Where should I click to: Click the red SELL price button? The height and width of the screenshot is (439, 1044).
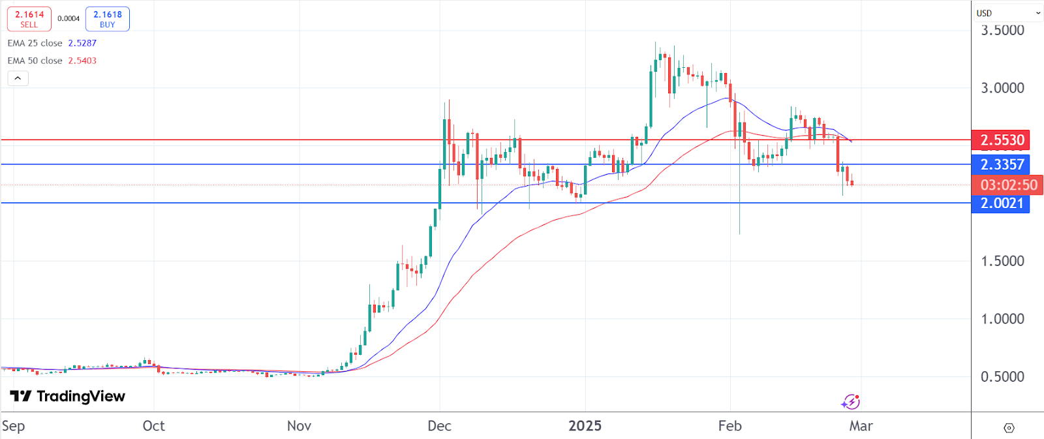pyautogui.click(x=29, y=19)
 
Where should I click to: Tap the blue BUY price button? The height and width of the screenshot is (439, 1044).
pyautogui.click(x=108, y=19)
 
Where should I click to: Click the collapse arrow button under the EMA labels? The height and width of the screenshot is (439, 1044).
pyautogui.click(x=18, y=78)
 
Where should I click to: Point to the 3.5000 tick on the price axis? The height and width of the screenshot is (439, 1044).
pyautogui.click(x=1002, y=30)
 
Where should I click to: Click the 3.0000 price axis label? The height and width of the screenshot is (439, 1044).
pyautogui.click(x=1002, y=88)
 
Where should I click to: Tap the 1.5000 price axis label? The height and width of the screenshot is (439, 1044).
pyautogui.click(x=1002, y=261)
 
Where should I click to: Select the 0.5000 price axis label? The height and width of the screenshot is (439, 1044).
pyautogui.click(x=1002, y=376)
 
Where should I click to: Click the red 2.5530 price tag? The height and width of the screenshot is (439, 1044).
pyautogui.click(x=1001, y=140)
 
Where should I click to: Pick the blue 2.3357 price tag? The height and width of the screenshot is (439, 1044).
pyautogui.click(x=1001, y=164)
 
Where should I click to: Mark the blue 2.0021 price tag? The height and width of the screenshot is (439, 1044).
pyautogui.click(x=1001, y=203)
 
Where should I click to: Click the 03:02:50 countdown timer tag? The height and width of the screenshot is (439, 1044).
pyautogui.click(x=1007, y=185)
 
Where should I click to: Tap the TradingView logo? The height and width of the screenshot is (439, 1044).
pyautogui.click(x=68, y=396)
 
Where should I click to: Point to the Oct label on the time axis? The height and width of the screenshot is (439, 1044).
pyautogui.click(x=153, y=426)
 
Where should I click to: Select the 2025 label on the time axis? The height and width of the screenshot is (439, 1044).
pyautogui.click(x=585, y=426)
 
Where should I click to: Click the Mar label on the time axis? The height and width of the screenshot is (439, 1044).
pyautogui.click(x=861, y=426)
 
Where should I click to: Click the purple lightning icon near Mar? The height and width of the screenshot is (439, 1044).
pyautogui.click(x=850, y=402)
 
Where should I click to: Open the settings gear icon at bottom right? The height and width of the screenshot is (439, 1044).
pyautogui.click(x=1009, y=428)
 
